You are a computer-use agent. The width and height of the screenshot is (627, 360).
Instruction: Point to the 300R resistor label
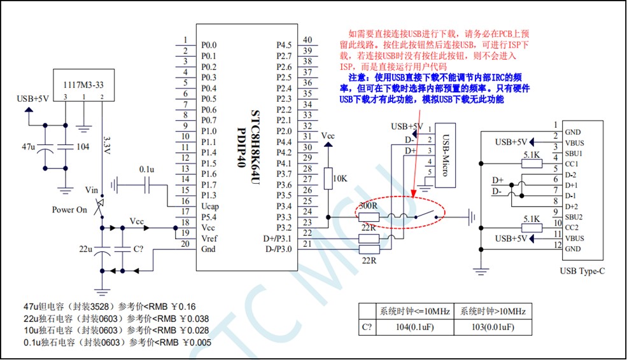[x=367, y=206]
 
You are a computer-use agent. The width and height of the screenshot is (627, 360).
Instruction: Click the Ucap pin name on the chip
[x=210, y=206]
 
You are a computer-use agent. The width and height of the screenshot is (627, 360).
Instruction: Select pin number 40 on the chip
[x=307, y=40]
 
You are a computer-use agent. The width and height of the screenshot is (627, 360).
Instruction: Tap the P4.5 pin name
[x=283, y=45]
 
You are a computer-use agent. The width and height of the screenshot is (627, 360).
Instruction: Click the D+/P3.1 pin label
[x=278, y=239]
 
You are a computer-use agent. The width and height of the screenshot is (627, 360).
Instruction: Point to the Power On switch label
[x=70, y=210]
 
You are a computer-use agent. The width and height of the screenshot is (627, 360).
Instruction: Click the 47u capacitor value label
[x=29, y=146]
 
